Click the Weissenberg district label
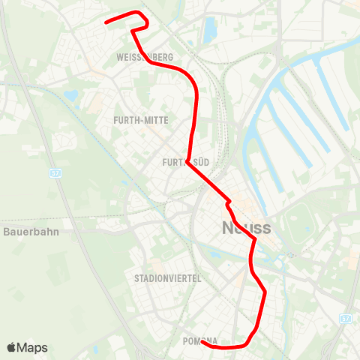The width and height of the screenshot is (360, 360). point(145,58)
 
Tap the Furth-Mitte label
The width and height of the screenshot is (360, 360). point(140,120)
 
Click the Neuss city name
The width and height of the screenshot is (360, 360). point(247,227)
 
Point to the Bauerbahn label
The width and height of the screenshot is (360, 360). point(31,232)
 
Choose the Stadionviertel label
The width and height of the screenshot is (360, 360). point(167,278)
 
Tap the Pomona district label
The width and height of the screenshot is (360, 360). point(199,340)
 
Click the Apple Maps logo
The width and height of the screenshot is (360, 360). point(27,347)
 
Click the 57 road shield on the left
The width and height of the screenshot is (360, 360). point(55,172)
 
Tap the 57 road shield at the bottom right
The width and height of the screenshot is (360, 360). point(345,319)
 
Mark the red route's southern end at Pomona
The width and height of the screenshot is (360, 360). point(203,343)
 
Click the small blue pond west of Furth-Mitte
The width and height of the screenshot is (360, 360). point(71,96)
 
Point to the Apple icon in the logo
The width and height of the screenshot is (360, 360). point(12,347)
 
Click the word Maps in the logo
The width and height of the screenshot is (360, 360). point(33,347)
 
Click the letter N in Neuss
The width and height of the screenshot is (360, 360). point(228,227)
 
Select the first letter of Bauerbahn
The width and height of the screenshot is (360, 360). point(6,232)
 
